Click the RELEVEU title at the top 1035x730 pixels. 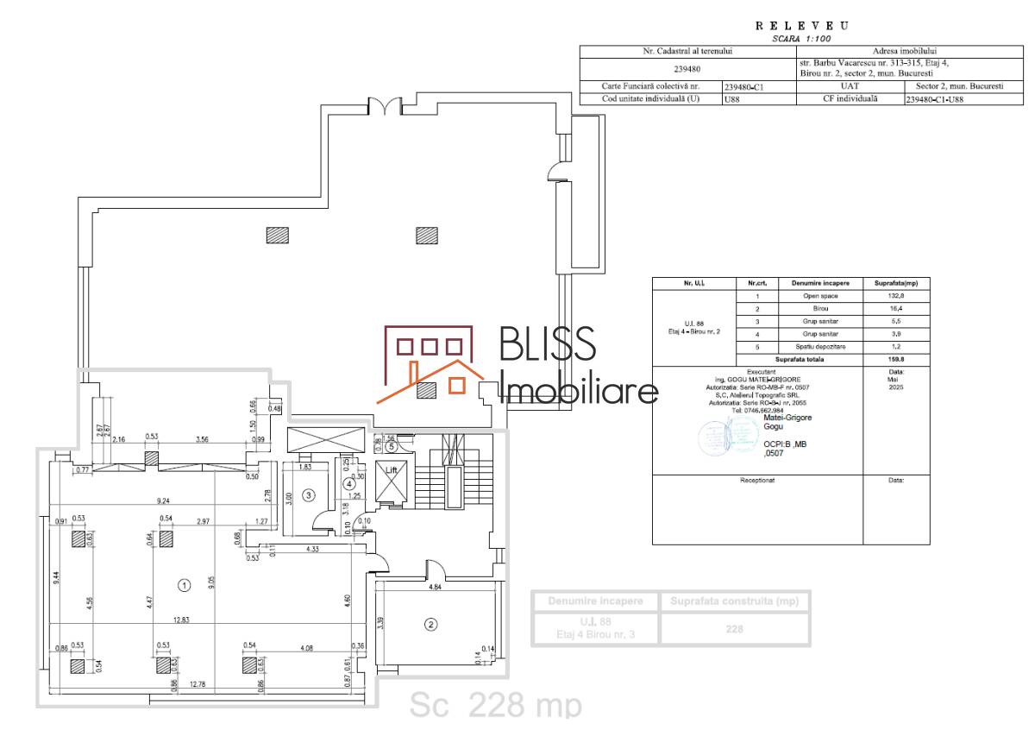click(x=801, y=26)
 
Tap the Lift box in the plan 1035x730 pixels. click(x=392, y=482)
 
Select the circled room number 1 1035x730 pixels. click(x=184, y=585)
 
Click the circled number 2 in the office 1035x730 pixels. click(x=429, y=625)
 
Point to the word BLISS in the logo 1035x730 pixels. click(x=548, y=344)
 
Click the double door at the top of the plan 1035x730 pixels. click(x=386, y=107)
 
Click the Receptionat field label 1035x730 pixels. click(x=757, y=479)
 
